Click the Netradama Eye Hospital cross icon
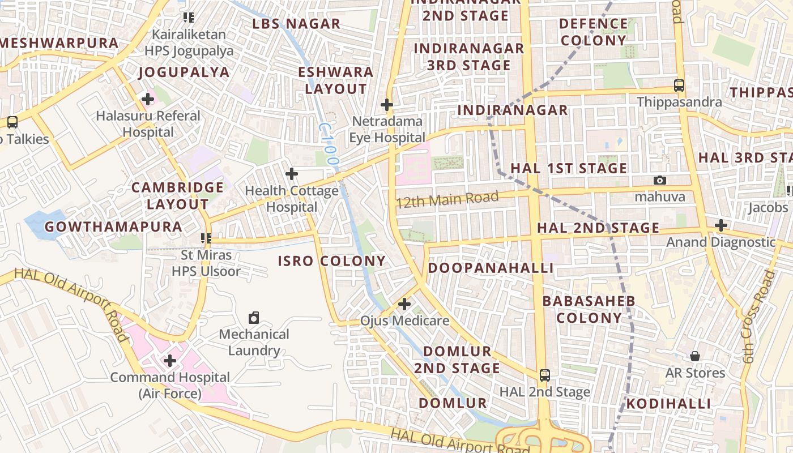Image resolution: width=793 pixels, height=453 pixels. [x=387, y=105]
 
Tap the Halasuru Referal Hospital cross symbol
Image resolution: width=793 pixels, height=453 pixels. [x=148, y=99]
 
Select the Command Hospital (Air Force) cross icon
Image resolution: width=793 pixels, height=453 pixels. [x=169, y=360]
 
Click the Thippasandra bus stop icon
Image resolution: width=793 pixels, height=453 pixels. [x=679, y=86]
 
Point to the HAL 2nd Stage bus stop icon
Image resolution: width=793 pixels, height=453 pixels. [x=544, y=375]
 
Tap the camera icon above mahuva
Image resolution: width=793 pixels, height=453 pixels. [x=659, y=180]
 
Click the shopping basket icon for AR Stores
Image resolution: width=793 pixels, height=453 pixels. [x=694, y=356]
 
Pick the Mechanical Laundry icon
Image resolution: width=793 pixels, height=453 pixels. [x=254, y=318]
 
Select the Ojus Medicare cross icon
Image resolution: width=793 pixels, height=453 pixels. [x=404, y=304]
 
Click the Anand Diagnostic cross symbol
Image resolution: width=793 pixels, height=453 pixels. [x=720, y=225]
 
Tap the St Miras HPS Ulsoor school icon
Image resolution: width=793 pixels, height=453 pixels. [x=206, y=238]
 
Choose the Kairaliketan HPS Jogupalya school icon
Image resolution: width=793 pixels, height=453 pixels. [x=189, y=18]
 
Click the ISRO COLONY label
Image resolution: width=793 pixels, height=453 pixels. [x=331, y=261]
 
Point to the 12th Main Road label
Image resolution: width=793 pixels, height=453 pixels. [x=447, y=199]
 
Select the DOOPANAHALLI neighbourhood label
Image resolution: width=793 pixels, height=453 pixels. [x=491, y=268]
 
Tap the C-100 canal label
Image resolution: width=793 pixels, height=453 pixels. [x=328, y=144]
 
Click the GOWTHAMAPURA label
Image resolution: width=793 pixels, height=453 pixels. [x=113, y=227]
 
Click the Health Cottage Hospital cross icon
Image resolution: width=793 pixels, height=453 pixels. [x=292, y=174]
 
